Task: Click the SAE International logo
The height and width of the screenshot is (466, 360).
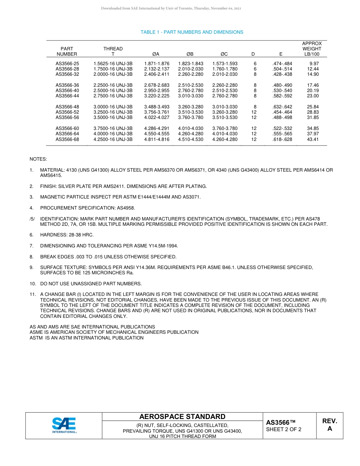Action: click(64, 425)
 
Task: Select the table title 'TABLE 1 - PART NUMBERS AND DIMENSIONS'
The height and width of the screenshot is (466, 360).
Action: click(192, 32)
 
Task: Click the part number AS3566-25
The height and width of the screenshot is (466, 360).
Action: click(67, 64)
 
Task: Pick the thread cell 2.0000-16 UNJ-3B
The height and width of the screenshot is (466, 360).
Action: click(113, 74)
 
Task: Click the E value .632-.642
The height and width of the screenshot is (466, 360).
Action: click(282, 107)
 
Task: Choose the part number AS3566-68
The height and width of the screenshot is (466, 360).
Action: click(67, 139)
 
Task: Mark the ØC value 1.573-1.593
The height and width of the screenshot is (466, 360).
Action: click(225, 64)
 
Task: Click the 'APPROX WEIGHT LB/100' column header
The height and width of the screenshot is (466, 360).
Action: click(311, 49)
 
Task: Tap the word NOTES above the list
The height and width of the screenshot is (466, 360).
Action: click(38, 160)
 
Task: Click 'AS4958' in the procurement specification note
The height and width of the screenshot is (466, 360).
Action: click(126, 208)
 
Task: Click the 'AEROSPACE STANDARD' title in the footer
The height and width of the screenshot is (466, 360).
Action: click(182, 417)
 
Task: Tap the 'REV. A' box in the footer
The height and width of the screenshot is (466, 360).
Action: click(329, 425)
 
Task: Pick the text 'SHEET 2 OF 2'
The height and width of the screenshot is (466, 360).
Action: click(283, 429)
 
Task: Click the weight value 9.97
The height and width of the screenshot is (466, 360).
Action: click(314, 64)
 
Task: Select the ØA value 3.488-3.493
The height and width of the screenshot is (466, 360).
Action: click(157, 107)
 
